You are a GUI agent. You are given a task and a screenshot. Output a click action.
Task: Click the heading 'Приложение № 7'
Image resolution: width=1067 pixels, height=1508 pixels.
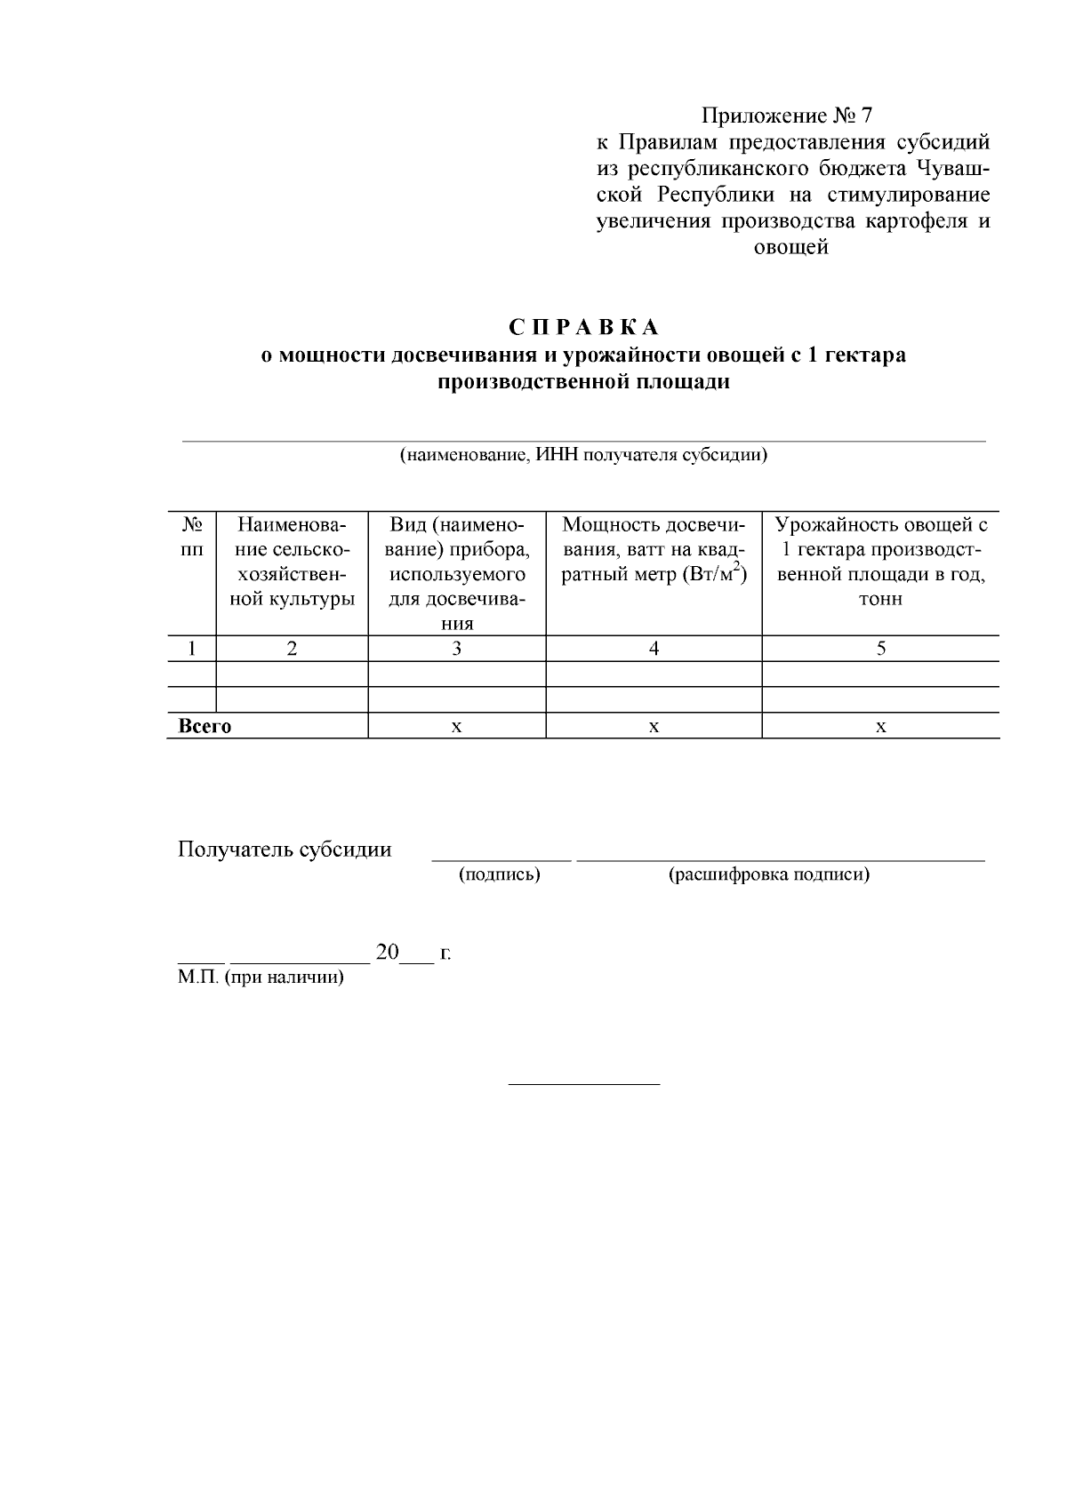(788, 116)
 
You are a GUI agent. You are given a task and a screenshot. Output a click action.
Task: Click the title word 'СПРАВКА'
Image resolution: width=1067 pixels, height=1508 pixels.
(584, 327)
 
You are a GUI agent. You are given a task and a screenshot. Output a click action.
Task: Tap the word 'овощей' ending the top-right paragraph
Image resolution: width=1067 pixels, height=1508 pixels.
(790, 247)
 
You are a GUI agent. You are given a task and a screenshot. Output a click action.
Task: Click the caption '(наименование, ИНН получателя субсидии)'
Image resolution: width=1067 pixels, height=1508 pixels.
(583, 455)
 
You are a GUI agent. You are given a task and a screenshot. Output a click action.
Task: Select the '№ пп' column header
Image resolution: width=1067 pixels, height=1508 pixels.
(191, 537)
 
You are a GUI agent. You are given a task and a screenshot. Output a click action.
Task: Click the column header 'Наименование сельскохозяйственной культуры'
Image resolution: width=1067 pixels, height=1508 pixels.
(292, 561)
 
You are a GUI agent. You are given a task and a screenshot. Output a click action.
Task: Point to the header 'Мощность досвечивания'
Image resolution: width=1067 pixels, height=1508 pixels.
(654, 549)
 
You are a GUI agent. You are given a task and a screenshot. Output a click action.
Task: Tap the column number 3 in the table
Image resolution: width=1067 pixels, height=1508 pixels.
(456, 649)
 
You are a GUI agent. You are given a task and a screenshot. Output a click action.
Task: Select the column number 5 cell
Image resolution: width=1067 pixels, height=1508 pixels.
(880, 649)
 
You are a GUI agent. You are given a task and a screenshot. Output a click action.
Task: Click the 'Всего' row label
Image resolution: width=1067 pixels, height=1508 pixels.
(205, 726)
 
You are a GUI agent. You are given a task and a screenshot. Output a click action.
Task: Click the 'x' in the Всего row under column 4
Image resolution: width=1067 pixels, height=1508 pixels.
(654, 727)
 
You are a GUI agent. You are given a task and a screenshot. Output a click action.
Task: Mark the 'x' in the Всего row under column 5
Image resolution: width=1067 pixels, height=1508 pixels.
(880, 727)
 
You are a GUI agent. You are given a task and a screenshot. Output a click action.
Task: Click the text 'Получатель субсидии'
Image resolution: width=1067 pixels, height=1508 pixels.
(285, 850)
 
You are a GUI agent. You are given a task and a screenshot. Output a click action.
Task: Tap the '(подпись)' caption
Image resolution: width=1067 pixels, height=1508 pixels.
(499, 874)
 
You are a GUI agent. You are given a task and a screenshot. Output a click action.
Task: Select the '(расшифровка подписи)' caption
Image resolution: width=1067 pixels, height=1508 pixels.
(768, 874)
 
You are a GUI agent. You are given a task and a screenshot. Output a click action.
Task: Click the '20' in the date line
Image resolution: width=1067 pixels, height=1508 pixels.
(389, 953)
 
